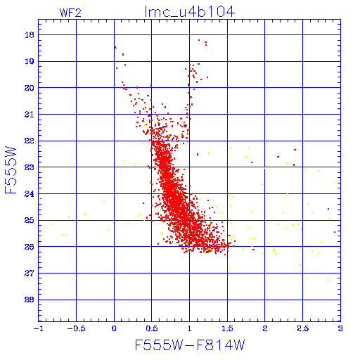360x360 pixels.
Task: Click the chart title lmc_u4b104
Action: tap(190, 12)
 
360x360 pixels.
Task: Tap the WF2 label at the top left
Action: tap(70, 13)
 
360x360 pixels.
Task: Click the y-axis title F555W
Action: tap(11, 170)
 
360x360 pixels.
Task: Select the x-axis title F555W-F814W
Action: tap(190, 345)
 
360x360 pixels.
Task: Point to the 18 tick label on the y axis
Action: tap(30, 35)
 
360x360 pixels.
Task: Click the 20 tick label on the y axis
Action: tap(30, 88)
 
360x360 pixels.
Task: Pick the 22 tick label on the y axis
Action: tap(30, 141)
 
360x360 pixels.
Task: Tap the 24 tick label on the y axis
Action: tap(30, 194)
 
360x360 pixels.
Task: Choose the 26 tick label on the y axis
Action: tap(30, 247)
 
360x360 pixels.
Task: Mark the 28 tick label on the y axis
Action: tap(30, 300)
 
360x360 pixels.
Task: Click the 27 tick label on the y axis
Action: tap(30, 273)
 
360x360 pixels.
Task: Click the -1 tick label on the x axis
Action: tap(37, 328)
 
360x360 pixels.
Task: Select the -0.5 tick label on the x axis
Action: tap(77, 328)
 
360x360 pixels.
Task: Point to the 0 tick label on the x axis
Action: tap(114, 328)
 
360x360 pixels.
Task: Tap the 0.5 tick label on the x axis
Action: tap(152, 328)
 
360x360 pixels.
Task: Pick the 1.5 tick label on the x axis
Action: tap(227, 328)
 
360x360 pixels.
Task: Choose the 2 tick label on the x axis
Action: tap(265, 328)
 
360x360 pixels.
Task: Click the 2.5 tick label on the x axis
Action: tap(302, 328)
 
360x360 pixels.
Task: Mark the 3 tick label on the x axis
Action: tap(340, 328)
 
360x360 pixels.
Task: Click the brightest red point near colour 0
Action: tap(115, 47)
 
